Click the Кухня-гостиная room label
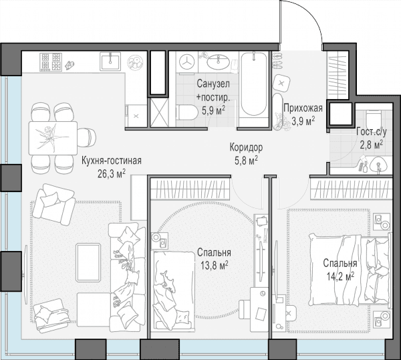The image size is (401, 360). tap(111, 161)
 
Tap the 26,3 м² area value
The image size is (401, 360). tap(111, 174)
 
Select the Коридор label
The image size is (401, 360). tap(246, 147)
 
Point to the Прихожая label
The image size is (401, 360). tap(303, 108)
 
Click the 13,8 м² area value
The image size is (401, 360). tap(214, 266)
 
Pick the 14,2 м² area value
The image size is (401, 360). tap(340, 276)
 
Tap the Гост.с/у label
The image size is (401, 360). tap(372, 132)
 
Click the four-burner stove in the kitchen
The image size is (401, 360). tap(51, 62)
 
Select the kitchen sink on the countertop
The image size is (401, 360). tap(110, 61)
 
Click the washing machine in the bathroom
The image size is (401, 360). tap(186, 62)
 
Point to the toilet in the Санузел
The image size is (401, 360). tap(186, 112)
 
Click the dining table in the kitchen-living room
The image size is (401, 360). tap(53, 139)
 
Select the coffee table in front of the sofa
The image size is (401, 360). tap(88, 263)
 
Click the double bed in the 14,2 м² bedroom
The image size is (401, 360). tap(350, 270)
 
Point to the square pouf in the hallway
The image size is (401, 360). tap(281, 83)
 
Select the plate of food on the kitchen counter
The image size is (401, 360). tap(136, 62)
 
